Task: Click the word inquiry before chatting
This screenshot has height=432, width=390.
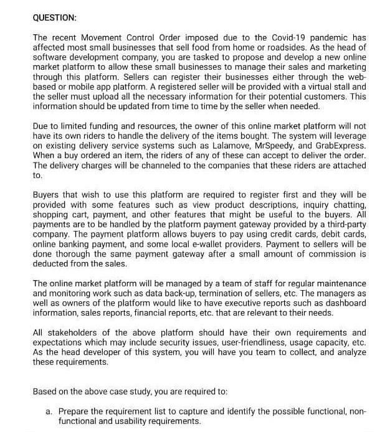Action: (303, 204)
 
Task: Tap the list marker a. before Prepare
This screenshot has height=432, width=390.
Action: (49, 411)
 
